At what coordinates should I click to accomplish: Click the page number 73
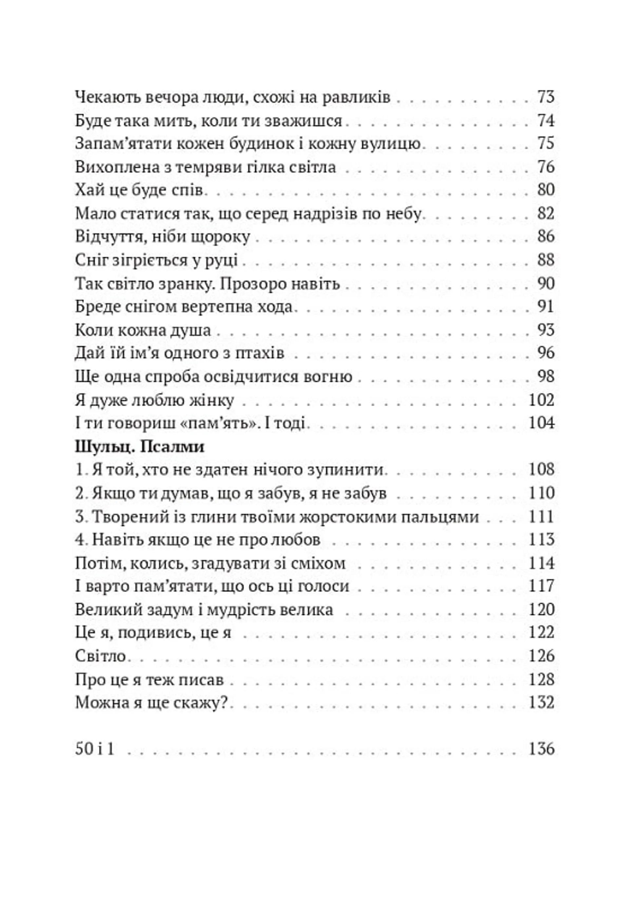click(x=545, y=97)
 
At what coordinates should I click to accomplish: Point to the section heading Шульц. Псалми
click(x=140, y=447)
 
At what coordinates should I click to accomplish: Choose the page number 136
click(x=542, y=748)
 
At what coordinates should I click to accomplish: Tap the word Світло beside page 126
click(x=100, y=655)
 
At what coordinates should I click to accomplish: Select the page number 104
click(x=542, y=423)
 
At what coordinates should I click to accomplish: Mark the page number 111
click(x=542, y=516)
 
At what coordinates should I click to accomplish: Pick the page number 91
click(x=545, y=306)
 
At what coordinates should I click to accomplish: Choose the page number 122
click(x=542, y=632)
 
